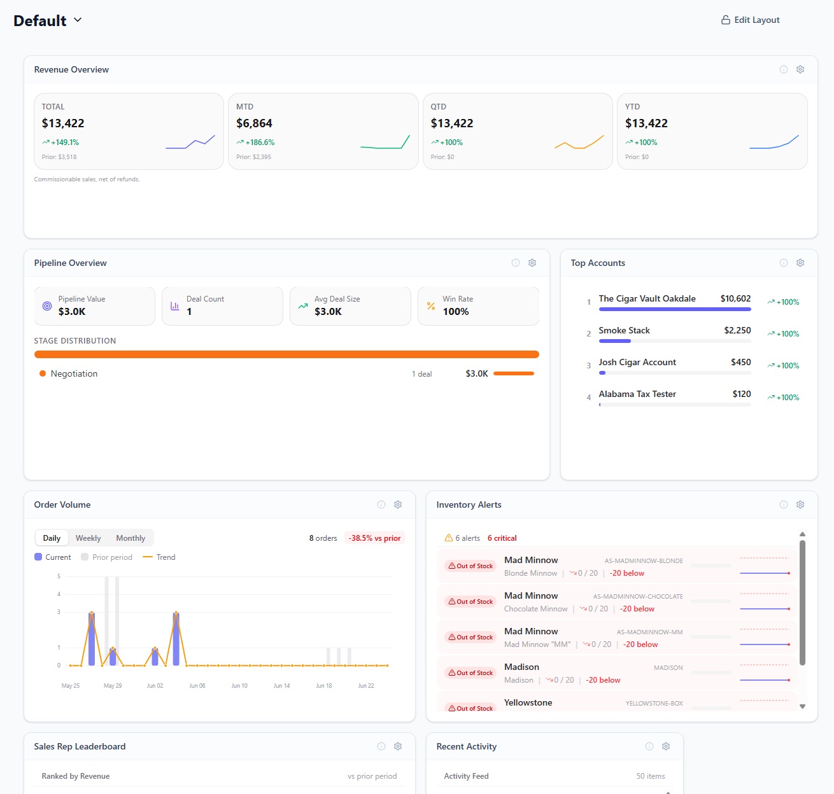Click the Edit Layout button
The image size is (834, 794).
click(x=750, y=20)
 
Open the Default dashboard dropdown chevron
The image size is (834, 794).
click(x=78, y=20)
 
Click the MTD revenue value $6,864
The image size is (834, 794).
click(x=254, y=123)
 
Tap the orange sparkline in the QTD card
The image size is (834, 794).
click(x=579, y=143)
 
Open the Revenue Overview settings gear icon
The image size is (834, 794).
click(x=800, y=69)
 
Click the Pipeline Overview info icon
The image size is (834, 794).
click(x=516, y=263)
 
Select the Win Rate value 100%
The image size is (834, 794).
click(x=456, y=312)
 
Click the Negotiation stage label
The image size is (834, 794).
click(x=74, y=373)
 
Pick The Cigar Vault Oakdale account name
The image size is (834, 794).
click(x=647, y=298)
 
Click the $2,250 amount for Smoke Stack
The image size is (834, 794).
click(x=737, y=330)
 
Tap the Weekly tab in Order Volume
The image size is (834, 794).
click(x=88, y=538)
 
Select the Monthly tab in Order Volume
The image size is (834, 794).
click(x=131, y=538)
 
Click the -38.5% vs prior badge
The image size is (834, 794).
click(x=374, y=538)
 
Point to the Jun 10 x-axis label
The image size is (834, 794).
click(x=239, y=685)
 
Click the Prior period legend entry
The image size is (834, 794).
click(x=107, y=557)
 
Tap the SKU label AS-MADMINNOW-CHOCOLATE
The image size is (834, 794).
click(x=637, y=596)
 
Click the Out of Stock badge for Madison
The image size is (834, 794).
click(x=470, y=672)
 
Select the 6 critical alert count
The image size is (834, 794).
click(x=502, y=538)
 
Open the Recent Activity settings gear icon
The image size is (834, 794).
click(x=665, y=746)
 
